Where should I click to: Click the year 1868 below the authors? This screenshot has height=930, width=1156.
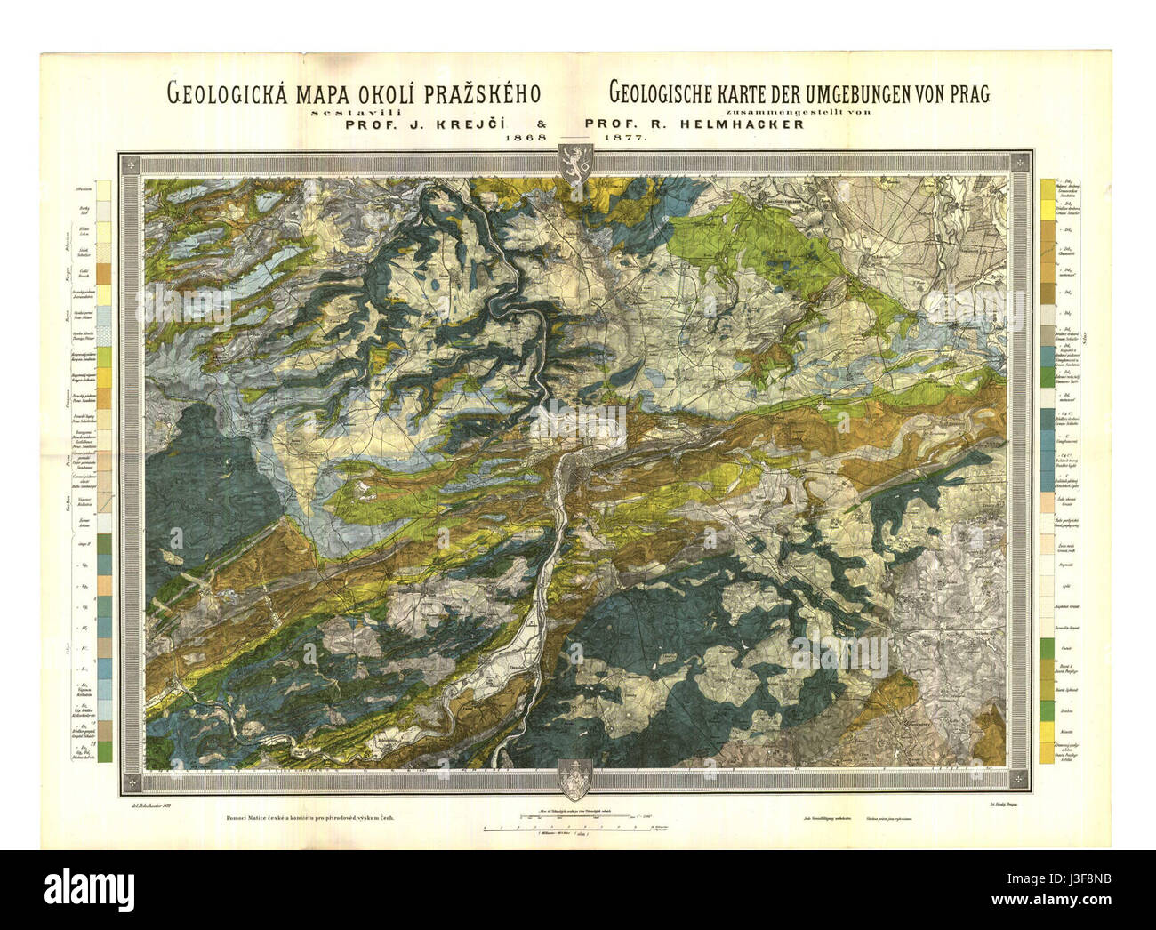[x=524, y=140]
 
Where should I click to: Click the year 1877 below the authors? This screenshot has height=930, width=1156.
[x=626, y=140]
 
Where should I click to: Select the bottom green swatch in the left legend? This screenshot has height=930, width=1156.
[x=106, y=753]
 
